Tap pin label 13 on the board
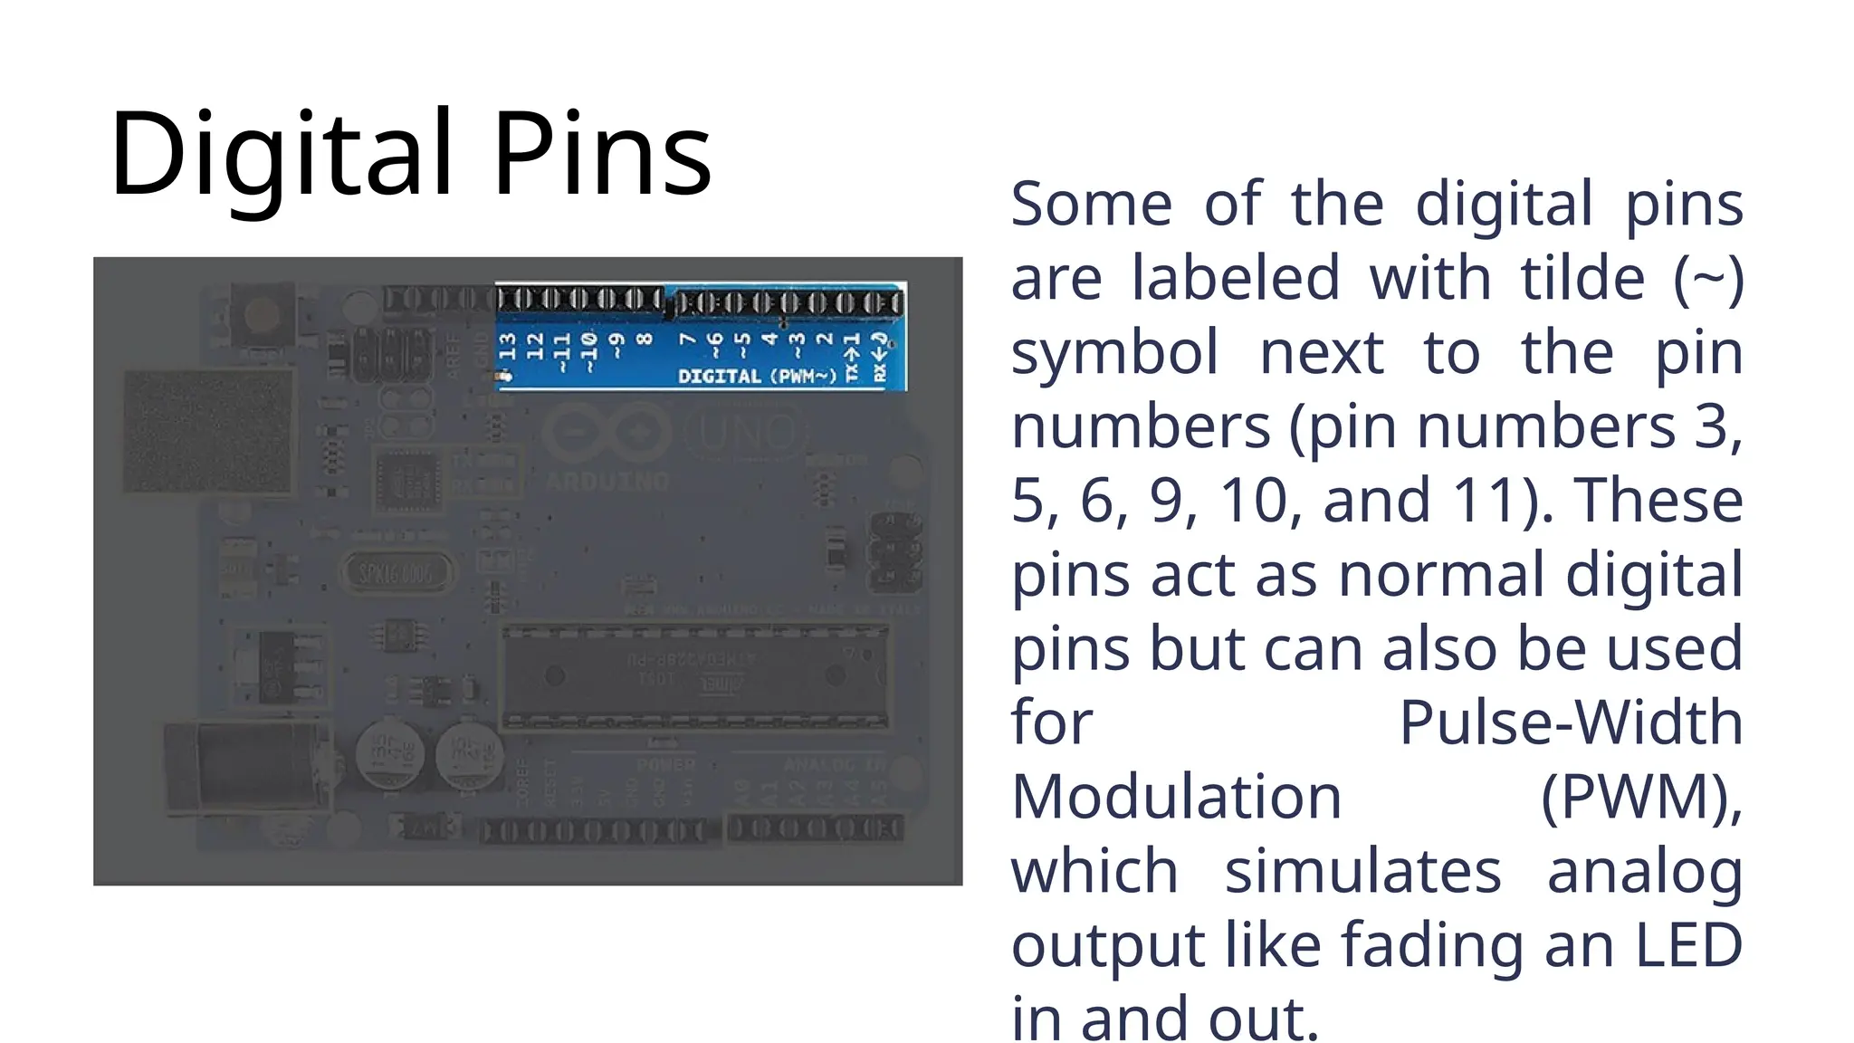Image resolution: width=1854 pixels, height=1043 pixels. [x=508, y=346]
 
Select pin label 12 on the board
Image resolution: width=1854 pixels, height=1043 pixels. [x=535, y=346]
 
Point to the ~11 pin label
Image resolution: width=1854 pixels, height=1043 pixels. [x=562, y=351]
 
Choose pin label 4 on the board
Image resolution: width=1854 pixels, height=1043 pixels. [x=770, y=340]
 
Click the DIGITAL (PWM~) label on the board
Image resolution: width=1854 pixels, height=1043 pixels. [x=757, y=376]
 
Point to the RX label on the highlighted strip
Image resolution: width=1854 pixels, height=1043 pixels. [x=879, y=371]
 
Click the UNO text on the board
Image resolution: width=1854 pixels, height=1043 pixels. [x=748, y=433]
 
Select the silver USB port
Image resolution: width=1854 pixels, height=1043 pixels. [x=208, y=433]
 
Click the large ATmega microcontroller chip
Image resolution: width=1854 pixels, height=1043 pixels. [x=695, y=675]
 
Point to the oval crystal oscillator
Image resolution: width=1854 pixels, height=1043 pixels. [x=397, y=572]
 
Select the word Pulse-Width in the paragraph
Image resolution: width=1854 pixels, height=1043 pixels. [x=1571, y=722]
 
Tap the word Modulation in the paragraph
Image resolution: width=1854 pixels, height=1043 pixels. [x=1176, y=797]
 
